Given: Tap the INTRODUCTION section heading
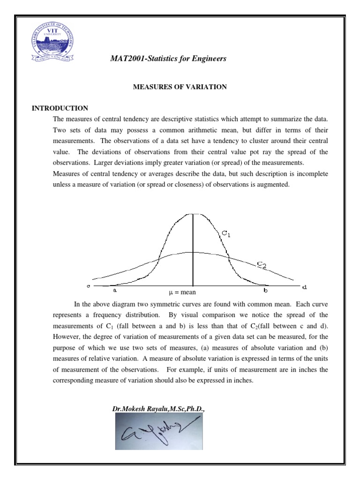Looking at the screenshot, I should (x=60, y=108).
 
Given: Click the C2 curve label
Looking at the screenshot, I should (x=262, y=265).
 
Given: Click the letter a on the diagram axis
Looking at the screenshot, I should (x=115, y=290).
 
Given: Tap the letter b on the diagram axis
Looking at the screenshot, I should (x=265, y=291).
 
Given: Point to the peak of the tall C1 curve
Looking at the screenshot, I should (x=192, y=214).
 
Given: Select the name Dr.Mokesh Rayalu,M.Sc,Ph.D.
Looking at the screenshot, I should (x=158, y=409).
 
